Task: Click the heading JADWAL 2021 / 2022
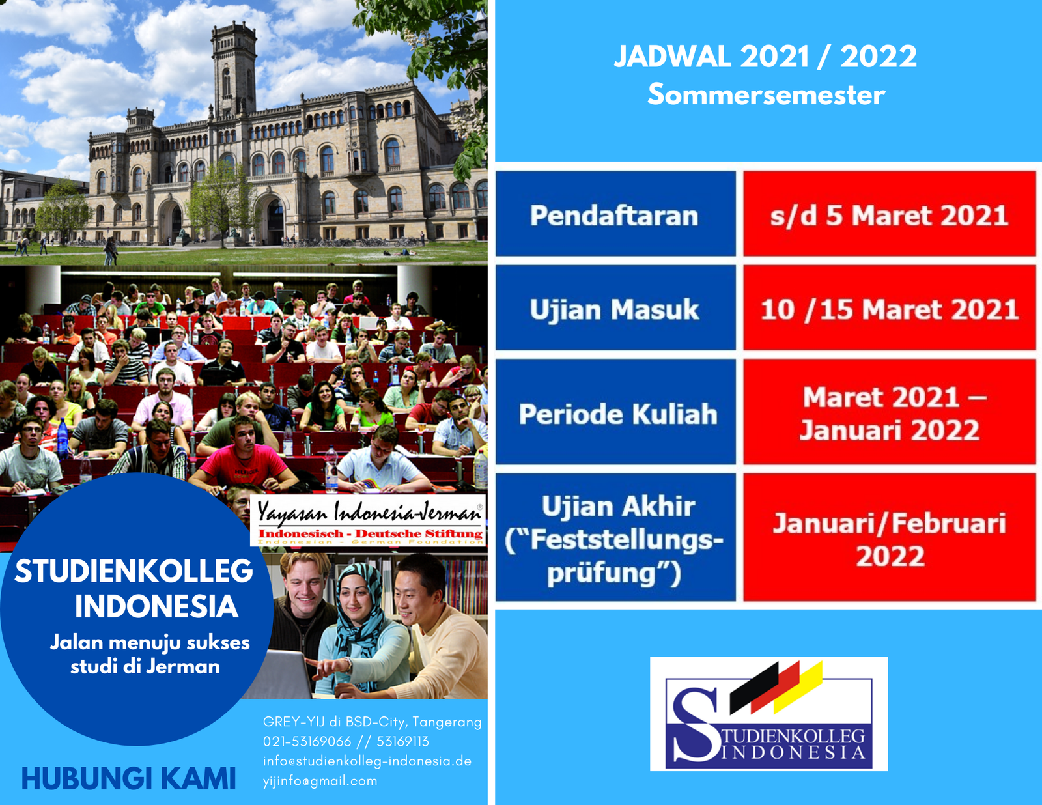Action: coord(765,57)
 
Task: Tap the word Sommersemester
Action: coord(766,94)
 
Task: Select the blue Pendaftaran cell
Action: coord(615,214)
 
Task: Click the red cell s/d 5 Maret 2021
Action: coord(890,214)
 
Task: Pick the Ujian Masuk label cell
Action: coord(615,308)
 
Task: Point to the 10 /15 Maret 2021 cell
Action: coord(890,308)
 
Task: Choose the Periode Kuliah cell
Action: coord(615,412)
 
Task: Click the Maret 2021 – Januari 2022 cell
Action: coord(890,412)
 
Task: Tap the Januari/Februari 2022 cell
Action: coord(890,537)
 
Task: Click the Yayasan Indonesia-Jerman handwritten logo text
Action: coord(369,512)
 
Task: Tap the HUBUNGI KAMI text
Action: coord(128,779)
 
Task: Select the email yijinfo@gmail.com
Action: coord(320,781)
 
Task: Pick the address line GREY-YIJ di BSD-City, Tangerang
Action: coord(372,722)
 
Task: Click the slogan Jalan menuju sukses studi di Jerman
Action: coord(149,655)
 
